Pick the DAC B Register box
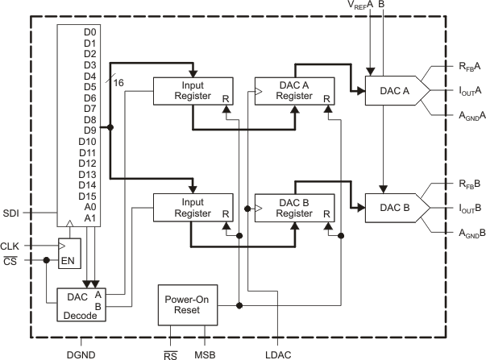coord(293,208)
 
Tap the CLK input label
coord(10,245)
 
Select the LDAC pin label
coord(278,354)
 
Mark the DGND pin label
coord(81,354)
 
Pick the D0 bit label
coord(89,32)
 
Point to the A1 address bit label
coord(89,218)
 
